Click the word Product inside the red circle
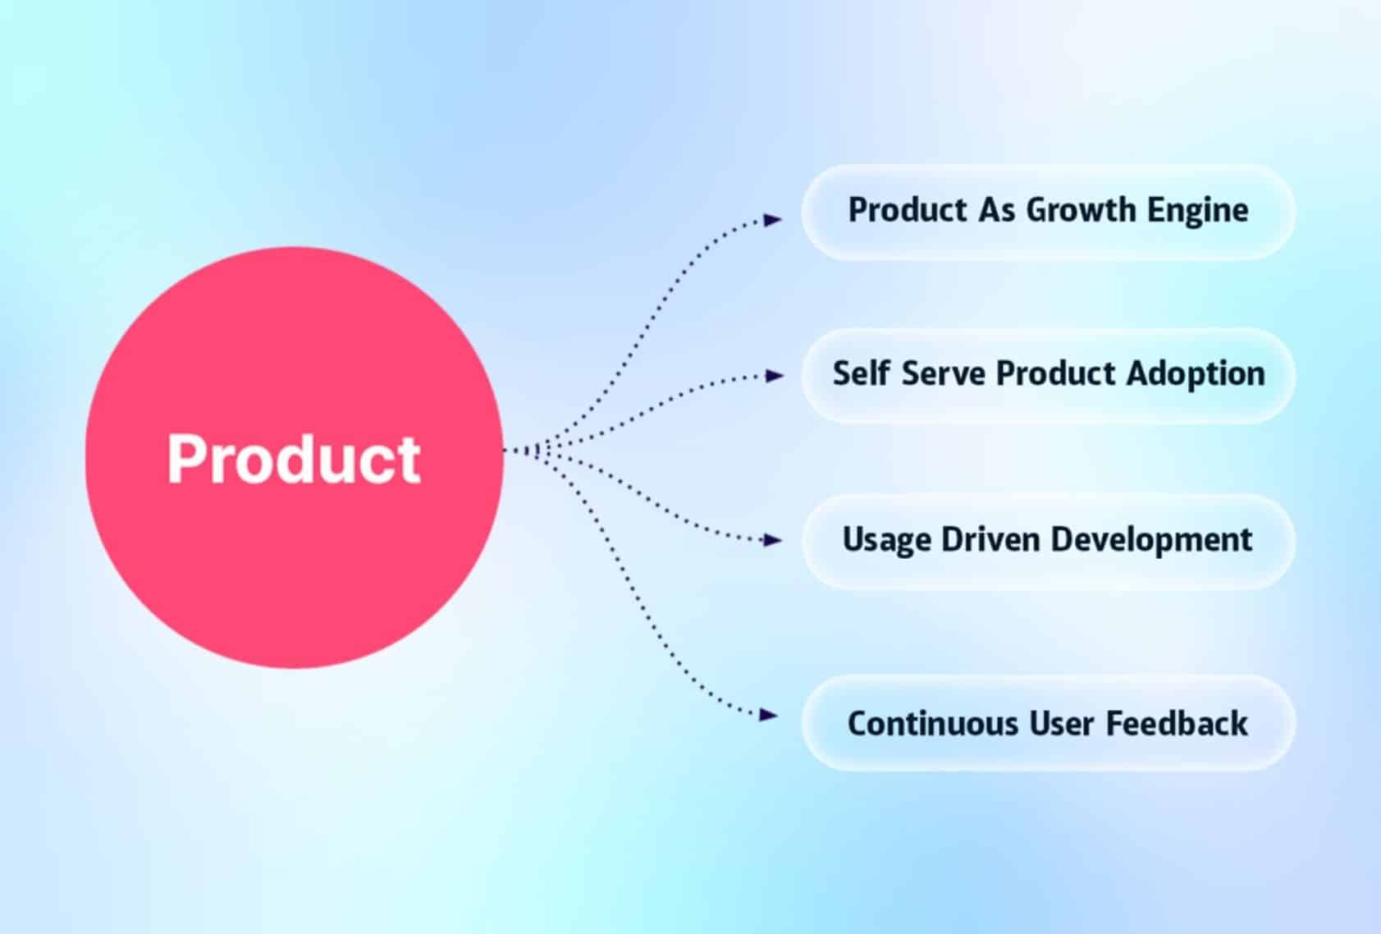(x=294, y=459)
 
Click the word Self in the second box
(x=861, y=373)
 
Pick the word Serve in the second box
(x=943, y=373)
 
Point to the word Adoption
(x=1195, y=374)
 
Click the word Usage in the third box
(x=886, y=540)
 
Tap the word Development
(x=1151, y=540)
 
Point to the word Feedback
(x=1177, y=723)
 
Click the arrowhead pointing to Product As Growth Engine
(x=772, y=219)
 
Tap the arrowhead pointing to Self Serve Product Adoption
(x=774, y=376)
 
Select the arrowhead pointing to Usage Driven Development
(x=772, y=540)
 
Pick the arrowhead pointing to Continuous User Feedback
(x=769, y=715)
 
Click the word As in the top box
(x=996, y=210)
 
